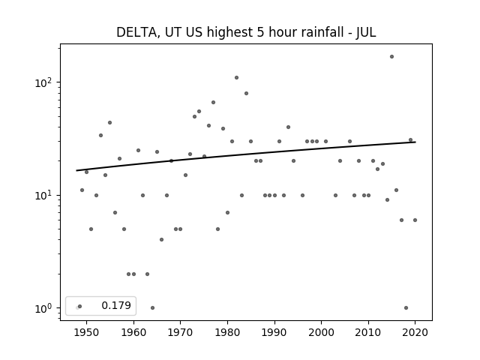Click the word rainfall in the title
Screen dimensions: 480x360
(x=325, y=32)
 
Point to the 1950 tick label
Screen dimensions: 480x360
(x=87, y=332)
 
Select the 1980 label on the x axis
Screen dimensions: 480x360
(x=227, y=332)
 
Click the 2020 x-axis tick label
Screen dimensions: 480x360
(x=415, y=332)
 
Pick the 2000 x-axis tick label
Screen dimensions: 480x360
(x=322, y=332)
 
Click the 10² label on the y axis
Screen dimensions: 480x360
(x=45, y=82)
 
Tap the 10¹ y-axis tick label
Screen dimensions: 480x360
(x=45, y=195)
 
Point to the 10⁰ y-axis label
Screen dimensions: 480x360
(x=45, y=308)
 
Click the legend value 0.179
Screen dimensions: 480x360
(x=116, y=305)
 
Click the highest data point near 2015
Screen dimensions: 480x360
(x=391, y=57)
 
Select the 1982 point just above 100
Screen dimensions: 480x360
(x=237, y=78)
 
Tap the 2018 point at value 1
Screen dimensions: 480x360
(x=406, y=308)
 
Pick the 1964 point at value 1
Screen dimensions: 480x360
(x=152, y=308)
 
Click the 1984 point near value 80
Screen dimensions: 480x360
(x=246, y=93)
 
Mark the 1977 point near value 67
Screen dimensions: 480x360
(x=213, y=102)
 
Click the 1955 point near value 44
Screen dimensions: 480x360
(x=110, y=123)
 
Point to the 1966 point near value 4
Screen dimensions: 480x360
(x=162, y=240)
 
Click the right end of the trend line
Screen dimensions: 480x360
(x=415, y=142)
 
